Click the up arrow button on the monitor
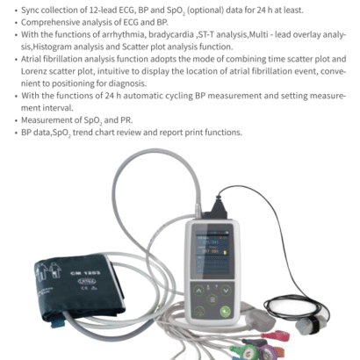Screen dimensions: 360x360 click(198, 291)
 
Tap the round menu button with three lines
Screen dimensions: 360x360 click(212, 300)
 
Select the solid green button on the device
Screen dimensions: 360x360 click(225, 312)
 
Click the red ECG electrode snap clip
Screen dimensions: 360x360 click(276, 335)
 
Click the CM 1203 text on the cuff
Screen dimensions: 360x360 click(85, 273)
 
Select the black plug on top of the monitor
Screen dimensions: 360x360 click(218, 209)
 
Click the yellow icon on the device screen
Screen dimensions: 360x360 click(225, 252)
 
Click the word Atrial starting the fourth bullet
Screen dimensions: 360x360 click(31, 59)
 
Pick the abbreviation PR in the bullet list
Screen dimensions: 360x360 click(126, 120)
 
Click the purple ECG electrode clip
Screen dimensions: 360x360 click(265, 350)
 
